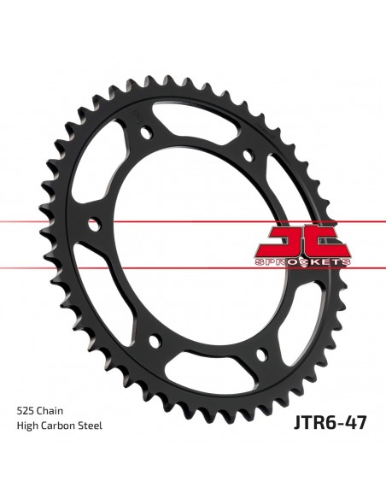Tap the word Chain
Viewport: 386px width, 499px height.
pos(50,411)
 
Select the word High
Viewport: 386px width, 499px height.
pos(26,426)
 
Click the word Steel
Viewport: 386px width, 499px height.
pos(91,426)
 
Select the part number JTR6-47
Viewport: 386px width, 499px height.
pos(330,423)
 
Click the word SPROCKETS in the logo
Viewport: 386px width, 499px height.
pos(302,262)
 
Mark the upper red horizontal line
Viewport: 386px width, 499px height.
pos(193,221)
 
